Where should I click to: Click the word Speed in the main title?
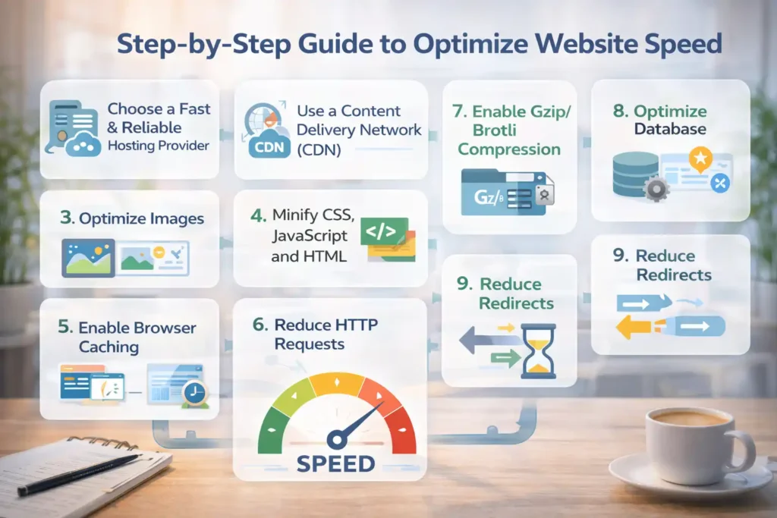[678, 44]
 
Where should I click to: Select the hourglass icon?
[539, 351]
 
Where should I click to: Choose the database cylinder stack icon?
[635, 174]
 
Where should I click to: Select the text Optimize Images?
[142, 219]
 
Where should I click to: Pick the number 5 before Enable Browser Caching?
[63, 328]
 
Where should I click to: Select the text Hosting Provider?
[159, 145]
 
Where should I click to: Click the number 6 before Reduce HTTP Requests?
[260, 325]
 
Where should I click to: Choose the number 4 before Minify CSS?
[256, 216]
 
